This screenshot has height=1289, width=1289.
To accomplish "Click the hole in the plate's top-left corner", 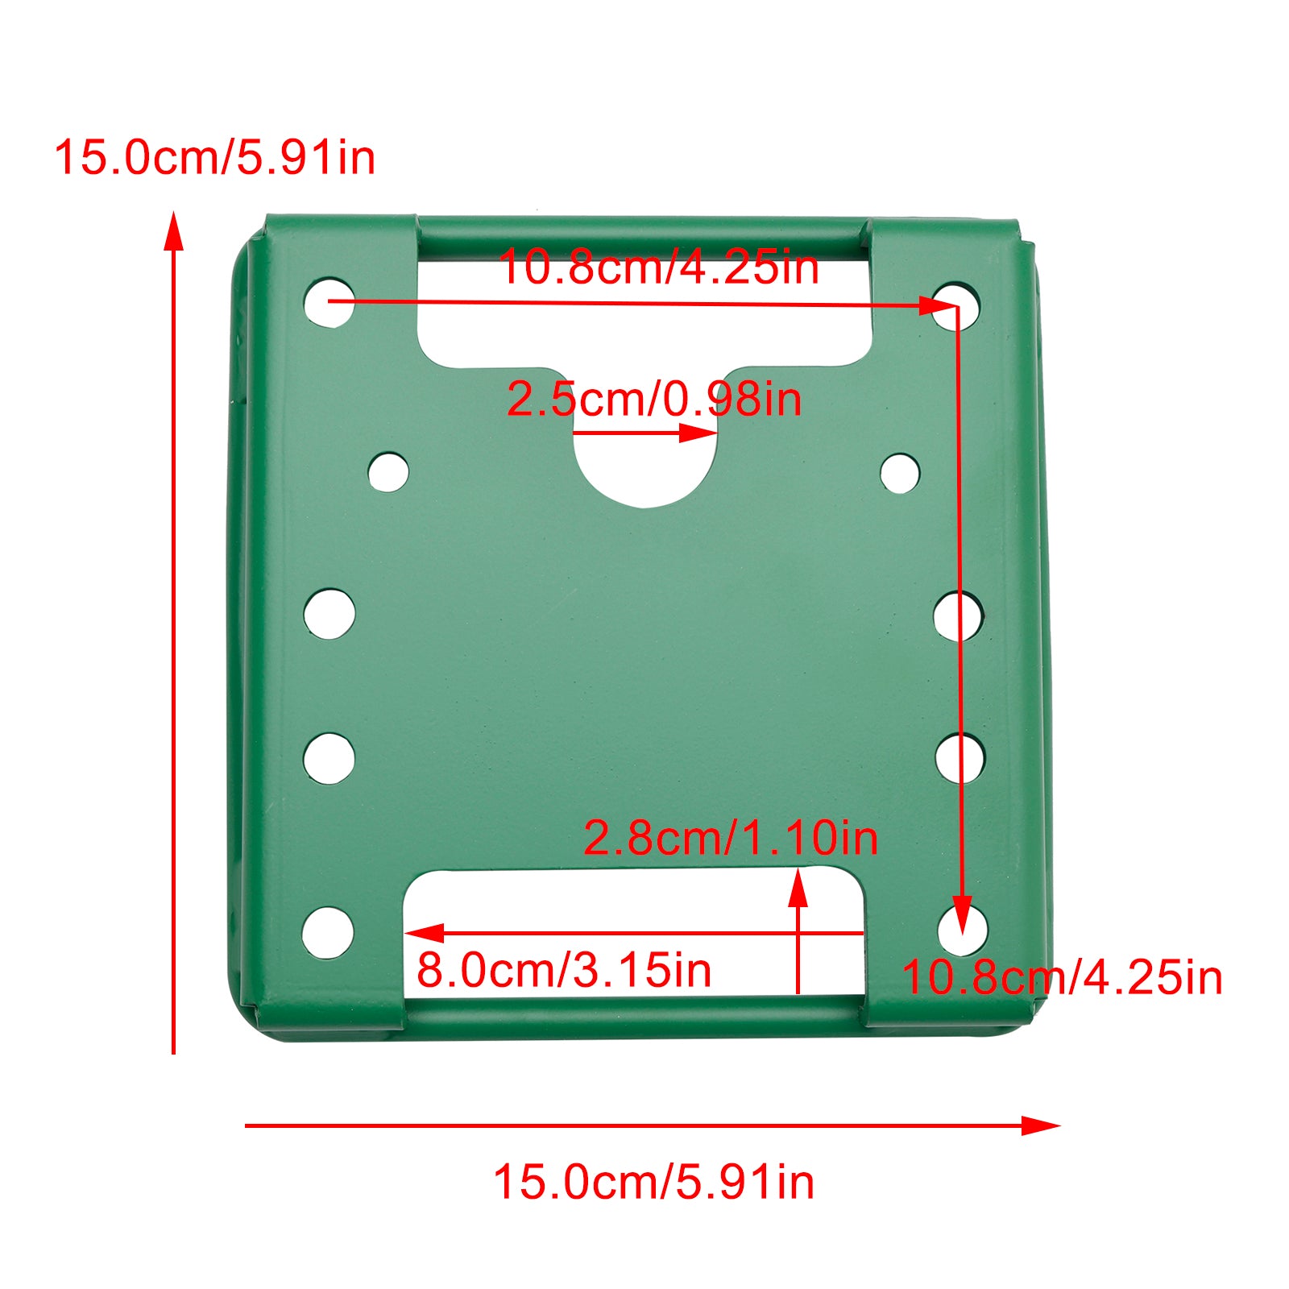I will pos(329,302).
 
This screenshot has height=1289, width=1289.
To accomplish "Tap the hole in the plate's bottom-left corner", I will pos(328,933).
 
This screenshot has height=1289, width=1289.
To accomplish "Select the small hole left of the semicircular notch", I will pos(388,472).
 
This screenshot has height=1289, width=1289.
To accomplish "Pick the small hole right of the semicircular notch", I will pos(900,473).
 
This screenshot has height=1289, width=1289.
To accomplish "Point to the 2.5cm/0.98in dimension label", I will pos(654,400).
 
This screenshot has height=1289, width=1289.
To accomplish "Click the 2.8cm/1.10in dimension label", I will pos(730,838).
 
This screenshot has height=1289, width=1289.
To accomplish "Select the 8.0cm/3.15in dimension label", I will pos(564,970).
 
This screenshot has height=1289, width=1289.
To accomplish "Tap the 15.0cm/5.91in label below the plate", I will pos(653,1183).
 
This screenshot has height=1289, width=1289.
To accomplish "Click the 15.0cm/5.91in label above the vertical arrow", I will pos(214,157).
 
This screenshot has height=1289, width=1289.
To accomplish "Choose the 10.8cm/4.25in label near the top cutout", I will pos(658,267).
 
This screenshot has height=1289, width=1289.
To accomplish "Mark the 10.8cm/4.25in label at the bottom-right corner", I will pos(1062,978).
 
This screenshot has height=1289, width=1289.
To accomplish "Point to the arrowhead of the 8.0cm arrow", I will pos(423,933).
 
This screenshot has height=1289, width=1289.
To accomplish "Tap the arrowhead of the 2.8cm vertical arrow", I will pos(798,886).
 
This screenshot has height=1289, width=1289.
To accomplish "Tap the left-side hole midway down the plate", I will pos(330,614).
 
